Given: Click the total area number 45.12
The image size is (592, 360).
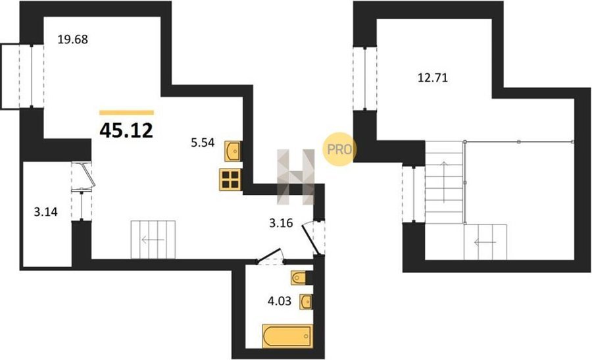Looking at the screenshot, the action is (x=126, y=130).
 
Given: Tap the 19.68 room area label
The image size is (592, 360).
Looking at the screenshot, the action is (x=72, y=39).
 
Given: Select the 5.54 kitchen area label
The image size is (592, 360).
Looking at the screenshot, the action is (x=203, y=142).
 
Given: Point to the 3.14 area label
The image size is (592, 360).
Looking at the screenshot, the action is (x=45, y=212).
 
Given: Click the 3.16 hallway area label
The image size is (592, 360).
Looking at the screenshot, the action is (x=281, y=223).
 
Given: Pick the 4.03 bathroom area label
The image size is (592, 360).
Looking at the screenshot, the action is (x=280, y=301).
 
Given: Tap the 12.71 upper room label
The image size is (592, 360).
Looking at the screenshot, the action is (x=432, y=78).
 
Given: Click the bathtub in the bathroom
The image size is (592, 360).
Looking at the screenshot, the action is (x=287, y=336).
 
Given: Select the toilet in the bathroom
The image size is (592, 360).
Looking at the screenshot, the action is (x=300, y=278).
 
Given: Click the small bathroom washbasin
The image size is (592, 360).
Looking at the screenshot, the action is (x=306, y=302).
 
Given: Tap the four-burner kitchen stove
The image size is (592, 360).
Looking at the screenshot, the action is (x=230, y=180).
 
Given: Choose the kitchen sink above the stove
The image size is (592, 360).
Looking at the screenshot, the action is (x=233, y=151).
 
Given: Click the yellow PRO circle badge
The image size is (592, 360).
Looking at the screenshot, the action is (x=339, y=149).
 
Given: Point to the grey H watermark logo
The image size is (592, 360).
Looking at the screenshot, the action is (x=295, y=177).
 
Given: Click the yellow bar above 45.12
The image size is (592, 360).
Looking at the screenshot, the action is (x=126, y=113).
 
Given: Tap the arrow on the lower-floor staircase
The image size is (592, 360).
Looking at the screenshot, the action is (x=153, y=240).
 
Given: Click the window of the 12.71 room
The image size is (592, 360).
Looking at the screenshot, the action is (x=365, y=78).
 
